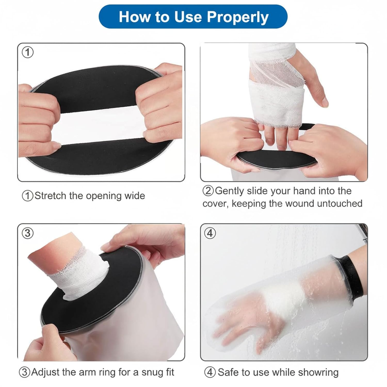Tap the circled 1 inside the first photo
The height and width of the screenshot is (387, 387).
click(28, 53)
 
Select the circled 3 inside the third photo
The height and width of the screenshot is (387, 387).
click(28, 233)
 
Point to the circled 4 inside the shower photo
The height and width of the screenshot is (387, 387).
click(210, 233)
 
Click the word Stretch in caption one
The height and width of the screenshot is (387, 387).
click(50, 196)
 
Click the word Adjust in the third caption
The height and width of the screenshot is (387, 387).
click(46, 372)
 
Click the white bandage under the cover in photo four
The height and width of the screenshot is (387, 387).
click(284, 297)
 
